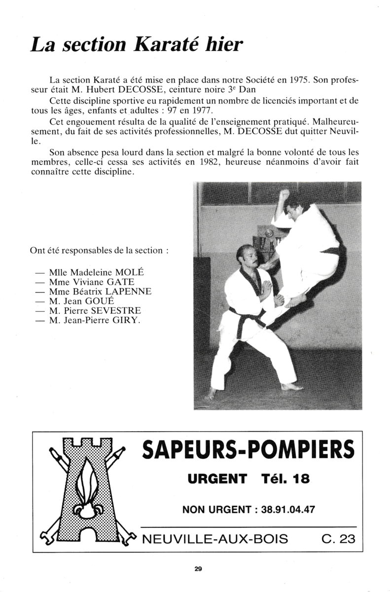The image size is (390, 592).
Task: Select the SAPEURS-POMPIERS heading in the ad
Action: pyautogui.click(x=248, y=449)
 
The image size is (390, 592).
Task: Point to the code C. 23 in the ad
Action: pyautogui.click(x=338, y=539)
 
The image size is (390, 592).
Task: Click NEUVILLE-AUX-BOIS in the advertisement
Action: pyautogui.click(x=214, y=539)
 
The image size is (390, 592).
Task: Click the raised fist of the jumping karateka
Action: pyautogui.click(x=284, y=194)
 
